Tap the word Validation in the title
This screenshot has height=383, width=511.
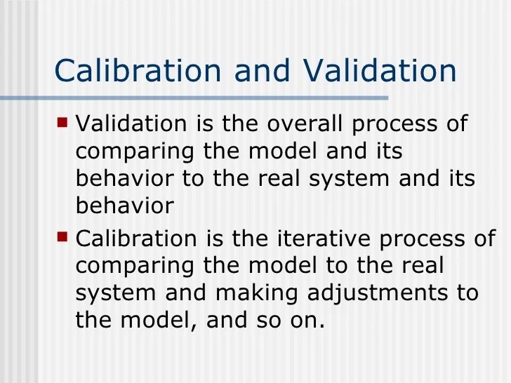tap(380, 72)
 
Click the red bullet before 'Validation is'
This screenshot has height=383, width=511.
tap(62, 122)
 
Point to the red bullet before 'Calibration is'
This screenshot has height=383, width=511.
tap(62, 236)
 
